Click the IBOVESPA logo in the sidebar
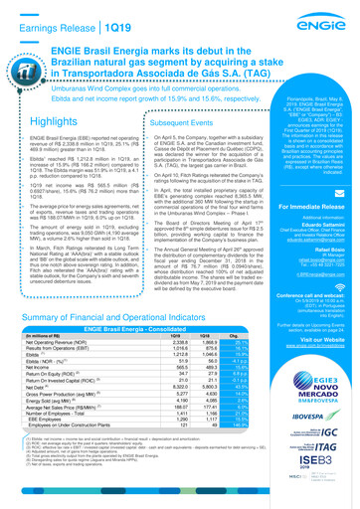[x=318, y=407]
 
